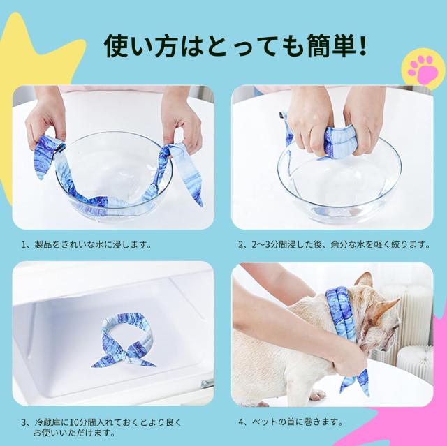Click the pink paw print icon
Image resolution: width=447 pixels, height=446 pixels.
(x=423, y=70)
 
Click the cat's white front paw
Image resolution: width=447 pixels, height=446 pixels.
(x=316, y=394)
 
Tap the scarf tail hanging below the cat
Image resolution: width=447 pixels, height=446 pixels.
(x=356, y=382)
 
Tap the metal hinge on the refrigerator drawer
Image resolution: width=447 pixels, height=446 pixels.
(x=207, y=383)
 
